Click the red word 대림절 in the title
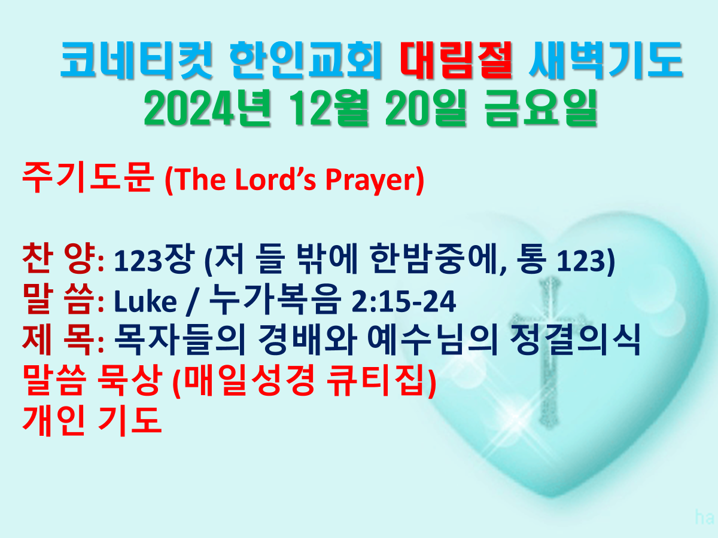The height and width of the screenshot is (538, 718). point(457,60)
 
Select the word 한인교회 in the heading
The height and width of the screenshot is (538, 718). point(306,60)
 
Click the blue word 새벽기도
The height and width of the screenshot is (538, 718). point(606,60)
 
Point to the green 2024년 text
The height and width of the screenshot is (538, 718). point(208,108)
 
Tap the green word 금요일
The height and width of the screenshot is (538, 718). point(541,108)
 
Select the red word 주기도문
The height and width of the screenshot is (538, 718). point(88,178)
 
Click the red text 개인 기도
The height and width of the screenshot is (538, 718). point(92,421)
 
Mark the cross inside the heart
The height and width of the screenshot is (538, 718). point(551,353)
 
